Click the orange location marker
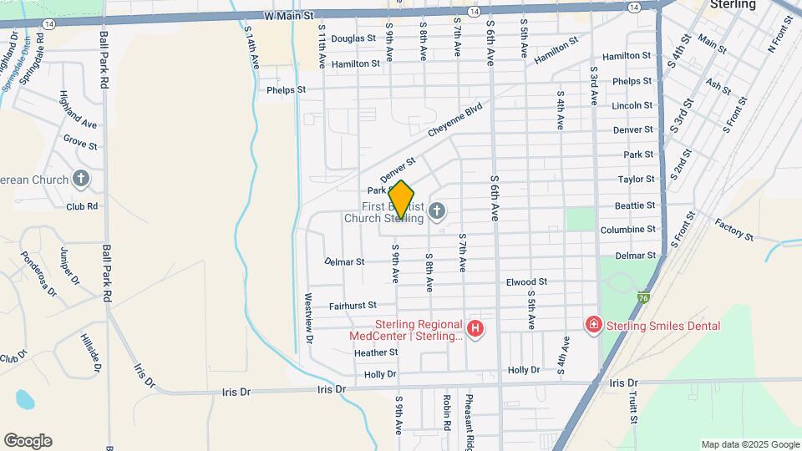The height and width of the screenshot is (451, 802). click(401, 200)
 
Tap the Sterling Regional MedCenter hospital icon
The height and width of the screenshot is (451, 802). click(475, 330)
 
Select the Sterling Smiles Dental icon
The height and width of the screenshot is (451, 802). click(594, 324)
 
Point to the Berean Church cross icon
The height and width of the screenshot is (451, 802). click(81, 178)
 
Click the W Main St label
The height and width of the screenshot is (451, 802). click(287, 15)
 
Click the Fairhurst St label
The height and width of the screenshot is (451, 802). click(353, 306)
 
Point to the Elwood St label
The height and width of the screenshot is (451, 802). click(526, 282)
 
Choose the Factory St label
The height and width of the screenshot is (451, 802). click(734, 230)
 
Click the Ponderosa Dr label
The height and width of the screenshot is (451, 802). click(38, 274)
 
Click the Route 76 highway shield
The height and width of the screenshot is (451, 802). click(642, 296)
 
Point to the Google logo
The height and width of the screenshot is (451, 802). click(28, 441)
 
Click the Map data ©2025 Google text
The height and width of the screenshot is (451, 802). click(750, 444)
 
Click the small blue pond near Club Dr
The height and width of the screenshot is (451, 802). click(24, 398)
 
